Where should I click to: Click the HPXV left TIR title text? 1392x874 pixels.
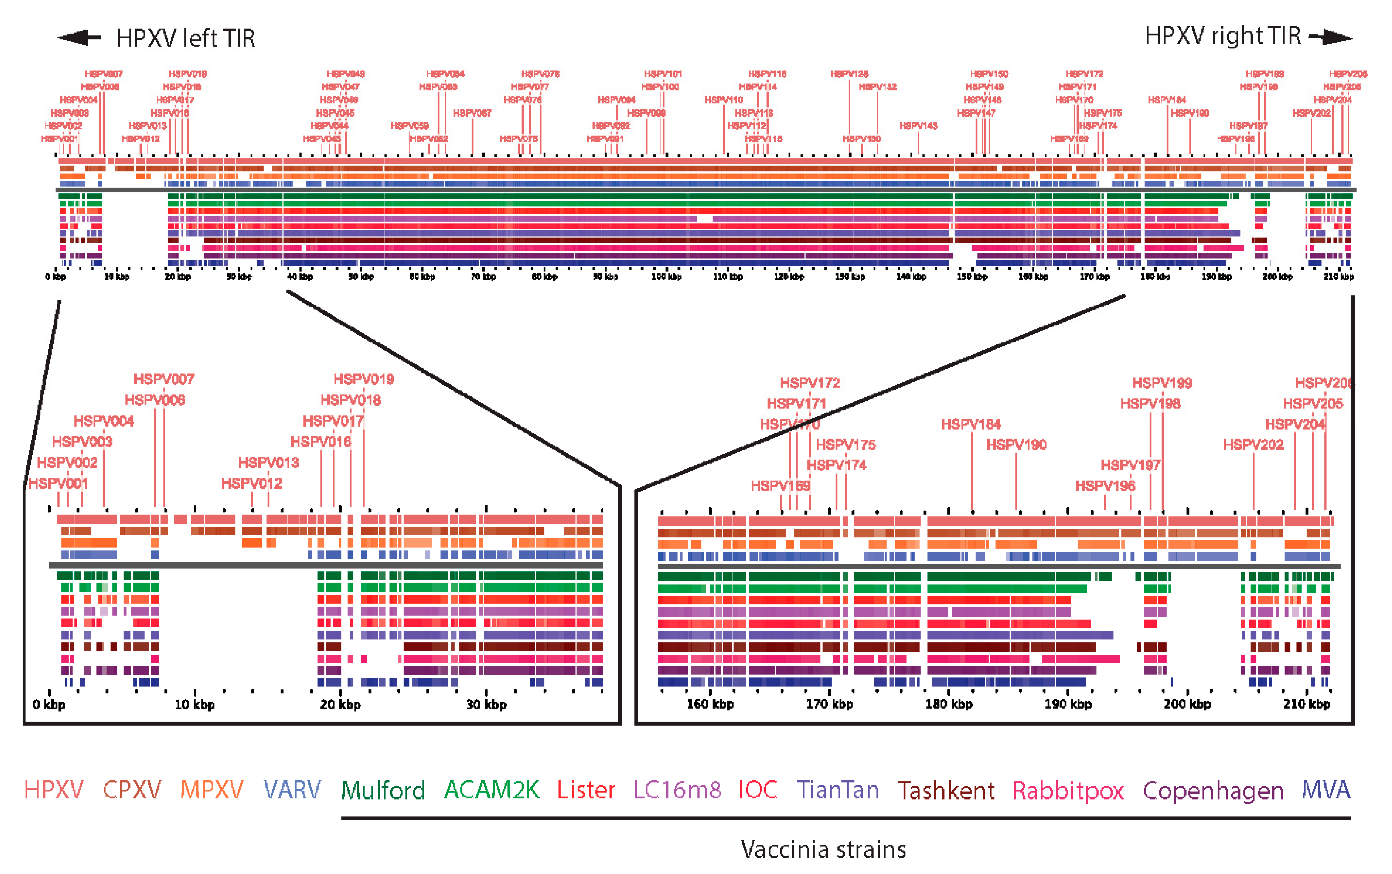(x=185, y=38)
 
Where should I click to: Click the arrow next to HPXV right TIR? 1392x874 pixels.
(x=1331, y=37)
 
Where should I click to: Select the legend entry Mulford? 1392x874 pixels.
(x=383, y=790)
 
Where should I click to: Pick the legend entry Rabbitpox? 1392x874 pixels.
(x=1068, y=790)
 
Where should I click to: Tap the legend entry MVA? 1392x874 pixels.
(x=1326, y=790)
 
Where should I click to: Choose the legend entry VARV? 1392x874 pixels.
(x=292, y=790)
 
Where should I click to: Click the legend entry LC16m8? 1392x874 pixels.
(x=677, y=790)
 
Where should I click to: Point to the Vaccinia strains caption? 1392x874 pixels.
(x=823, y=850)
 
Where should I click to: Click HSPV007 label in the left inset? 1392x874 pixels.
(x=164, y=379)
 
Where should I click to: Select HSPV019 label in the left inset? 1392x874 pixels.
(x=364, y=379)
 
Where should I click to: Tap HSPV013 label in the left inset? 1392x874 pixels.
(x=268, y=462)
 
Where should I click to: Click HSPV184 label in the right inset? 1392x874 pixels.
(x=971, y=424)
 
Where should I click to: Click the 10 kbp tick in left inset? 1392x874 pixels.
(x=195, y=704)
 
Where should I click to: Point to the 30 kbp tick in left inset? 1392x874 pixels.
(x=486, y=704)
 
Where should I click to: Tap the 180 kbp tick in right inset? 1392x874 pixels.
(x=948, y=703)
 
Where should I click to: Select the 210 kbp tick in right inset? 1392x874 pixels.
(x=1307, y=703)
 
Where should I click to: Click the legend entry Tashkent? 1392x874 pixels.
(x=946, y=790)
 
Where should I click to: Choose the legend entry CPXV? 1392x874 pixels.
(x=132, y=790)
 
